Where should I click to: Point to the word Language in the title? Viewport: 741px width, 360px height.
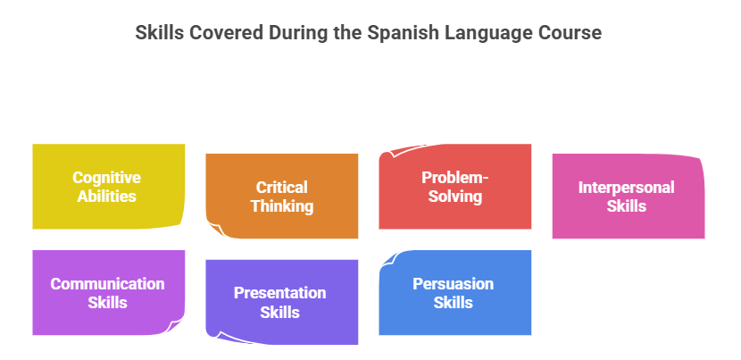coord(488,34)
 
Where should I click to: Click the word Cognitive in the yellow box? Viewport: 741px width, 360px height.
coord(106,178)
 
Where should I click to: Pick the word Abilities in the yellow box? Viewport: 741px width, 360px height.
coord(106,196)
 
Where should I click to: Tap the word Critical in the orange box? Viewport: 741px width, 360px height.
coord(281,188)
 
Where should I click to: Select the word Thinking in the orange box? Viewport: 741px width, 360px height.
coord(281,206)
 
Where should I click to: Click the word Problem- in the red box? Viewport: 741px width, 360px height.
coord(454,178)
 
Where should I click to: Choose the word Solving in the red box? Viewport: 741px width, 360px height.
coord(454,196)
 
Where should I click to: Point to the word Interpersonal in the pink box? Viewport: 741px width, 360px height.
coord(626,188)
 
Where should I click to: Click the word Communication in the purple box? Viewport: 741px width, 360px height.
coord(107,284)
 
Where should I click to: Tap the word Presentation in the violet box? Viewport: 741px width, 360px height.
coord(279,293)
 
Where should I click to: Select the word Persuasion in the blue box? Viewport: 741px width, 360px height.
coord(453,284)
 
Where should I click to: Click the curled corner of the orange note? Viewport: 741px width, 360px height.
coord(215,230)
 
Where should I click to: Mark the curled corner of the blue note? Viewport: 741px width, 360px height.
coord(390,260)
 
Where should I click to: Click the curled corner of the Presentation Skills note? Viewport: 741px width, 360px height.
coord(217,335)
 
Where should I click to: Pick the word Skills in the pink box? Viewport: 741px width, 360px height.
coord(626,206)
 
